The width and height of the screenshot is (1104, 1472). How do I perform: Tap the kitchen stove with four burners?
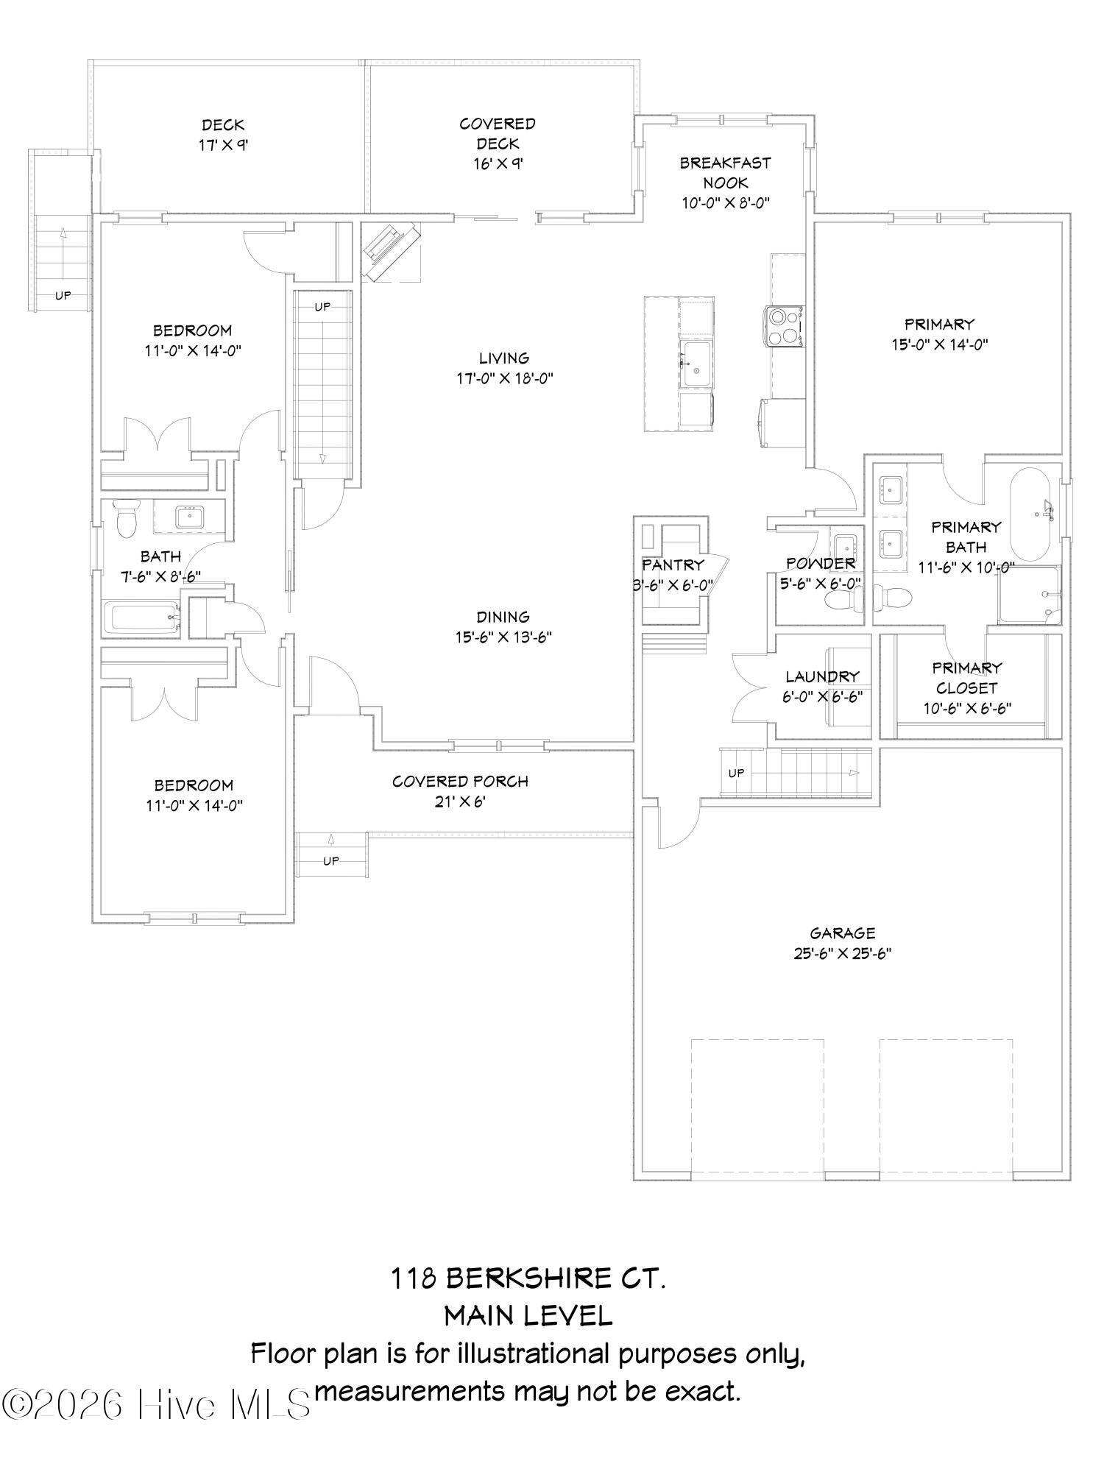[x=783, y=325]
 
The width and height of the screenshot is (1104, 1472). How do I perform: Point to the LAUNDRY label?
[x=822, y=676]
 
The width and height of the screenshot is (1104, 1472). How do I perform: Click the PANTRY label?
[x=673, y=565]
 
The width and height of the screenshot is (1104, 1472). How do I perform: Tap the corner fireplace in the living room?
[x=391, y=252]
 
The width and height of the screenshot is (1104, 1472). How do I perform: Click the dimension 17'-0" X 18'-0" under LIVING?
[x=504, y=379]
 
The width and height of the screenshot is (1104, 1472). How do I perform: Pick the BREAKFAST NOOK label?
[x=725, y=172]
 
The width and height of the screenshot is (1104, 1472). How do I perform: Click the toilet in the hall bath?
[x=127, y=518]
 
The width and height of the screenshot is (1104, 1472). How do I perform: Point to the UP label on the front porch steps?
[x=331, y=860]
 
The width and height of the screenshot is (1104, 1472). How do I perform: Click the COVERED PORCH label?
[x=461, y=781]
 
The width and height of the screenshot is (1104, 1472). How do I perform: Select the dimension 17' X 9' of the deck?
[x=223, y=146]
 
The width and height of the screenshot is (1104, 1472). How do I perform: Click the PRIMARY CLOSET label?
[x=967, y=678]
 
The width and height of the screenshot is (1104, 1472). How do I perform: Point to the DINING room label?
[x=503, y=617]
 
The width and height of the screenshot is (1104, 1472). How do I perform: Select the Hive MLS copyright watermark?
[x=156, y=1404]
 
